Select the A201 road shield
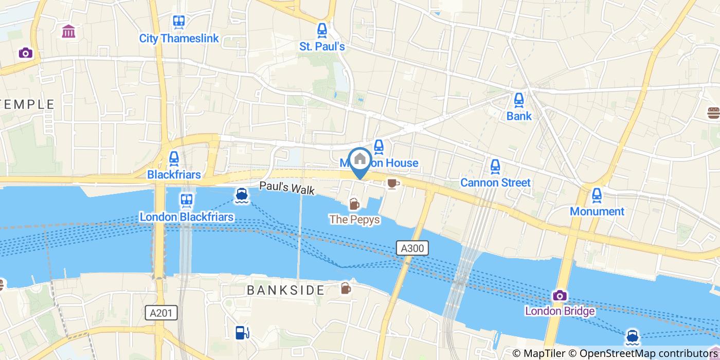[x=161, y=313]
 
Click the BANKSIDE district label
[x=285, y=290]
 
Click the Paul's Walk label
[x=286, y=188]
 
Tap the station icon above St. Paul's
[x=322, y=30]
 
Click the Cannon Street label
[x=495, y=183]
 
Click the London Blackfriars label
[x=187, y=217]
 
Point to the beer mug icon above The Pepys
[x=354, y=204]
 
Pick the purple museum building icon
[x=68, y=32]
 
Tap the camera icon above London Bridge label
[x=560, y=296]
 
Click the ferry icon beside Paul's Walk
[x=241, y=195]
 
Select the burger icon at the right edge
[x=713, y=113]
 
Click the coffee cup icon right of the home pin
[x=392, y=183]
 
